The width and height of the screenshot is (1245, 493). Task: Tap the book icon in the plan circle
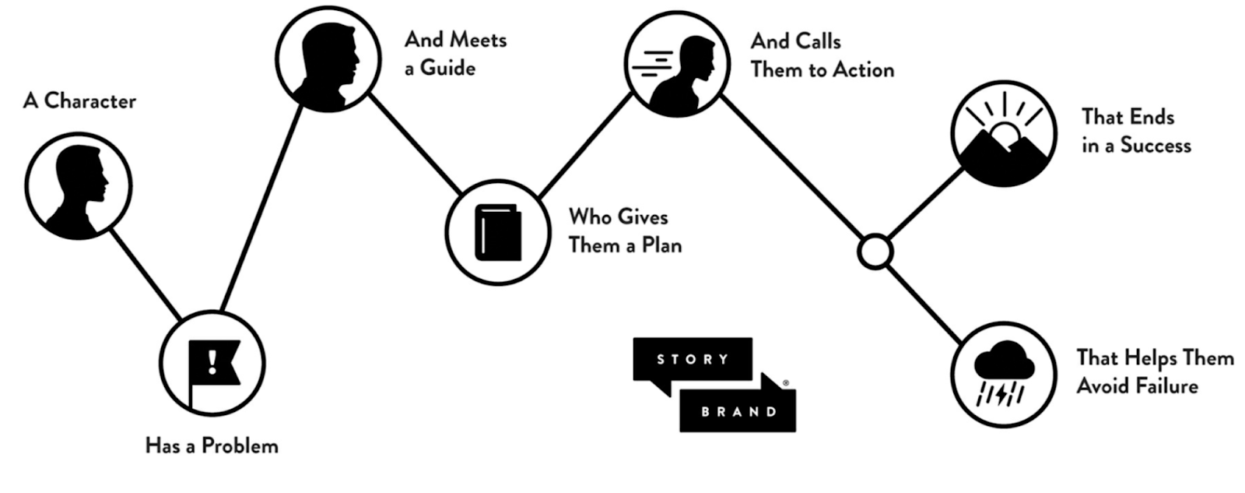[x=498, y=232]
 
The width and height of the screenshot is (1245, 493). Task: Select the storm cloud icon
[x=1004, y=373]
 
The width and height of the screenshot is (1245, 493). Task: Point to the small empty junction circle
[x=875, y=252]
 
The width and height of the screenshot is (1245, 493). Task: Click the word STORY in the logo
[x=693, y=359]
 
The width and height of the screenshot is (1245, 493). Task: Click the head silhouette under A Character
[x=78, y=188]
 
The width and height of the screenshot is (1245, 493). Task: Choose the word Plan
[x=661, y=245]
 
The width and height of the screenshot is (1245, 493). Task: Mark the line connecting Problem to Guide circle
[x=261, y=210]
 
